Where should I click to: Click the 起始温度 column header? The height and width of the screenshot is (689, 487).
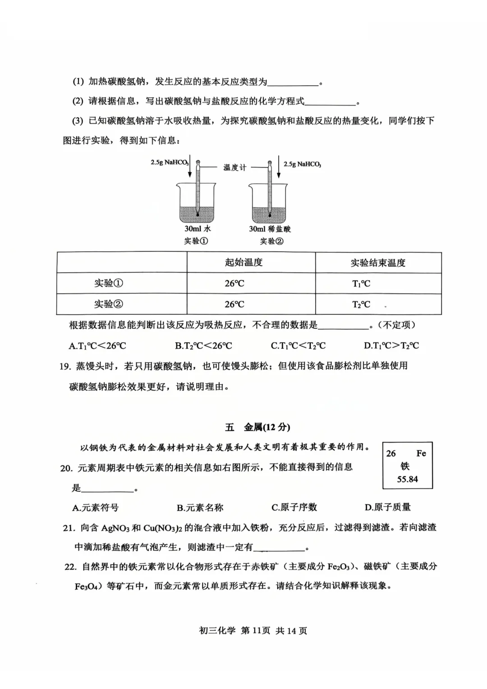click(243, 262)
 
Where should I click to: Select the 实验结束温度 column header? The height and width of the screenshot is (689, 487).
click(378, 262)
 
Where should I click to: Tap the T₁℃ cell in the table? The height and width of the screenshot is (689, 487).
click(361, 284)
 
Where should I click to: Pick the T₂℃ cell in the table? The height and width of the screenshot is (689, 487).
click(361, 304)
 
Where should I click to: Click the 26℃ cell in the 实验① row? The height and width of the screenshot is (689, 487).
click(234, 284)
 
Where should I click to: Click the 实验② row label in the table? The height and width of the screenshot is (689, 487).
click(108, 304)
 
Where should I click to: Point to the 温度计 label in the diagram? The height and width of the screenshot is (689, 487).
click(235, 167)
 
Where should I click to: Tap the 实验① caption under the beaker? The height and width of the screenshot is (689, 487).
click(196, 241)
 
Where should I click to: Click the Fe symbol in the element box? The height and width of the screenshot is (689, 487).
click(421, 453)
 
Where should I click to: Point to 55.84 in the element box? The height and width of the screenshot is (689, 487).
click(407, 479)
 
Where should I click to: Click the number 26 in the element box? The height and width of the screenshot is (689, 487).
click(391, 453)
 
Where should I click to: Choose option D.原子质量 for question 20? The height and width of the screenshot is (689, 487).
click(387, 507)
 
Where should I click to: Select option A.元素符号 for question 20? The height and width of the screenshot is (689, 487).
click(96, 508)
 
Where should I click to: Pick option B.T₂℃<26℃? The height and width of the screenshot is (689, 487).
click(203, 346)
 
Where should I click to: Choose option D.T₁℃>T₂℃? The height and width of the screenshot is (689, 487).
click(391, 346)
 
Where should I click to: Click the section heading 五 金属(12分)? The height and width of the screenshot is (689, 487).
click(257, 427)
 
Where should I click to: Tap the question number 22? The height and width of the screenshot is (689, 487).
click(70, 566)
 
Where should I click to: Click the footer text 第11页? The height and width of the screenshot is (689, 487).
click(256, 630)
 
